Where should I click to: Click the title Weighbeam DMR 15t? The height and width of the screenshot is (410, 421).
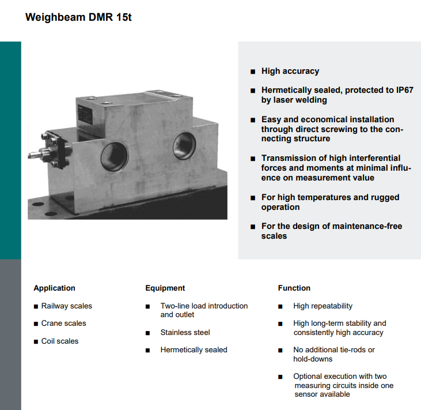[78, 17]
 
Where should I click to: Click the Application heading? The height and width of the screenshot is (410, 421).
[54, 288]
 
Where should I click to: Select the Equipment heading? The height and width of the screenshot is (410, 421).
[165, 288]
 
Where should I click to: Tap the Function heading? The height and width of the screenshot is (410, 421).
[294, 288]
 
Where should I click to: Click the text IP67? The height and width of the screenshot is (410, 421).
[405, 90]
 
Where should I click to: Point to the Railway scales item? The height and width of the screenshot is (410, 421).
[67, 306]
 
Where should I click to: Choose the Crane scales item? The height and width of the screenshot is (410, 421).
[63, 323]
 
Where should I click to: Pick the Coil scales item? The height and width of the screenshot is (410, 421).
[60, 341]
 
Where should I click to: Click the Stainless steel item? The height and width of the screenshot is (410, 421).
[185, 333]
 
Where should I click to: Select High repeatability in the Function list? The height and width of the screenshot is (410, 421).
[323, 306]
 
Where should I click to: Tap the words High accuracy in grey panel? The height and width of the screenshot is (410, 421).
[290, 72]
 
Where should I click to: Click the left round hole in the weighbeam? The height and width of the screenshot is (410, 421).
[115, 156]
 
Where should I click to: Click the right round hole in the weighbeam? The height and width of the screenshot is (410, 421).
[184, 146]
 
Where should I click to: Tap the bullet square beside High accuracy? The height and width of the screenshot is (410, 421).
[253, 72]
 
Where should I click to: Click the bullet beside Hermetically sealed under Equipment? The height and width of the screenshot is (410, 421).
[147, 350]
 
